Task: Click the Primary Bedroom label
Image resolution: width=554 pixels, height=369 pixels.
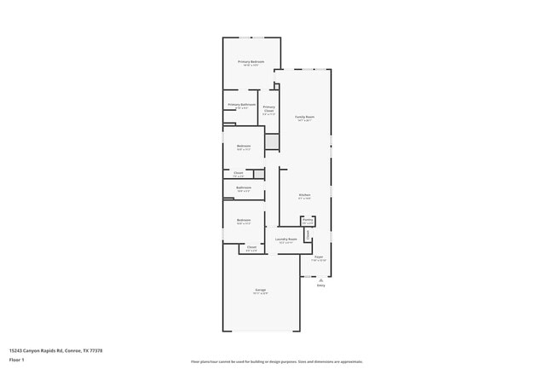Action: click(251, 61)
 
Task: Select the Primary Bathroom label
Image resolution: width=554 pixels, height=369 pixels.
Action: click(242, 105)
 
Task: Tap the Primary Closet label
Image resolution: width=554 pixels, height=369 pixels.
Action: click(268, 108)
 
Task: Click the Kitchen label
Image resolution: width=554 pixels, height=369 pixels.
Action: click(304, 195)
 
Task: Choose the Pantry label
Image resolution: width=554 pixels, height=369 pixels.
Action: click(308, 220)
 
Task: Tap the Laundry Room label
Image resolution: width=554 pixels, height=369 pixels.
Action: click(286, 239)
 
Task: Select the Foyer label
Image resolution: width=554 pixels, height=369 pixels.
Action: click(318, 257)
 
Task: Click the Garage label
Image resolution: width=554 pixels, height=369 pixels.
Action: click(260, 290)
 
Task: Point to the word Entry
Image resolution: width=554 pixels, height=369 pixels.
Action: click(321, 285)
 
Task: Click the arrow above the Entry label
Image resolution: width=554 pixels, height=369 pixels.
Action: click(321, 279)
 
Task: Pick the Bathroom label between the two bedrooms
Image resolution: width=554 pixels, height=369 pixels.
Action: click(244, 187)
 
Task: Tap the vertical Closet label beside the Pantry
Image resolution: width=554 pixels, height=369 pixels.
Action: click(308, 234)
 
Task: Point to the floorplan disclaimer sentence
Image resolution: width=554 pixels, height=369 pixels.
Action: click(276, 361)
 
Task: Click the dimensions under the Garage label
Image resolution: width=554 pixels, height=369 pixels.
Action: click(260, 293)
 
